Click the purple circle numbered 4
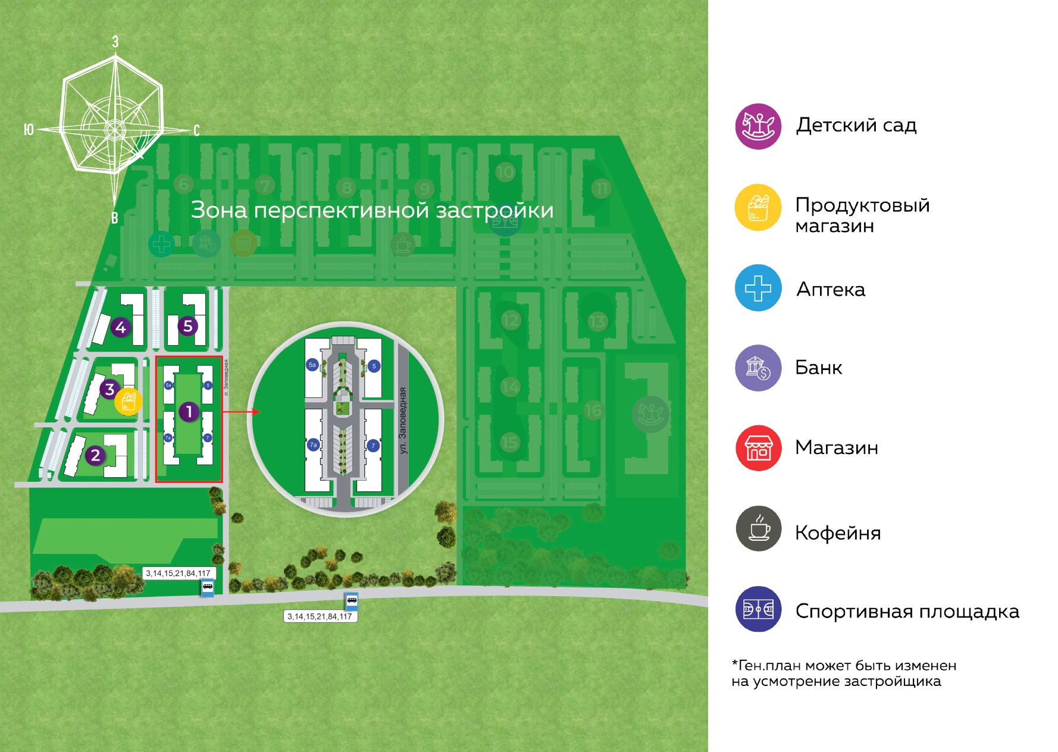[121, 327]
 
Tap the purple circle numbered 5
[188, 326]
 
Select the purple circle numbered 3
[109, 390]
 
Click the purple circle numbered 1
[189, 411]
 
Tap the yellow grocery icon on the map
[129, 402]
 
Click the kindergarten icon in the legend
[757, 126]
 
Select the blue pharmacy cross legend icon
[757, 288]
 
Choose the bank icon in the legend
[757, 368]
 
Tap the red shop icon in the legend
[757, 448]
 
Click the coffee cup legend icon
[757, 528]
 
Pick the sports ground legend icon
[757, 609]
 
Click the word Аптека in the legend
[831, 290]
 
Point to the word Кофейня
[837, 532]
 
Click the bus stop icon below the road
[352, 601]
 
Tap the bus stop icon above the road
[207, 588]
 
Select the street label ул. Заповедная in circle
[403, 421]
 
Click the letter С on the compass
[196, 130]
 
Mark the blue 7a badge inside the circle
[313, 444]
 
